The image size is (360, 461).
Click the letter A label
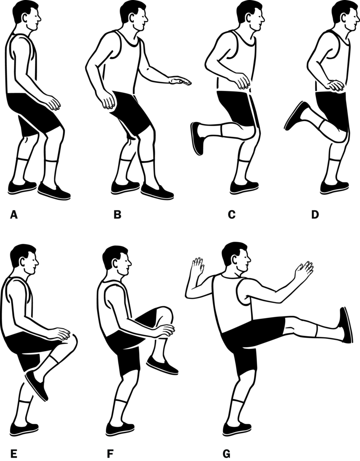[14, 215]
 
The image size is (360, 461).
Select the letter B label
[118, 215]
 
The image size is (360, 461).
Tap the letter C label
[232, 215]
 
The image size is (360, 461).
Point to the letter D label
[315, 215]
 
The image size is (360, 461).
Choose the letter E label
[14, 454]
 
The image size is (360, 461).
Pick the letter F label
[110, 454]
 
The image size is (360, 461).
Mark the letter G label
[227, 454]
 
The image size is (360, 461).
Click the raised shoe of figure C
[197, 139]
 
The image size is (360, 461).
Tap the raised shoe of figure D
[296, 115]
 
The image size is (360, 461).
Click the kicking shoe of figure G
[346, 325]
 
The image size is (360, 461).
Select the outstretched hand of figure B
[180, 81]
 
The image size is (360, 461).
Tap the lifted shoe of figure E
[36, 385]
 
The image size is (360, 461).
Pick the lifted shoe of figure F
[162, 365]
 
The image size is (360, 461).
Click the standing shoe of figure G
[237, 429]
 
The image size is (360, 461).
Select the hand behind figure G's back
[197, 266]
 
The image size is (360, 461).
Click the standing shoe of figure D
[334, 187]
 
